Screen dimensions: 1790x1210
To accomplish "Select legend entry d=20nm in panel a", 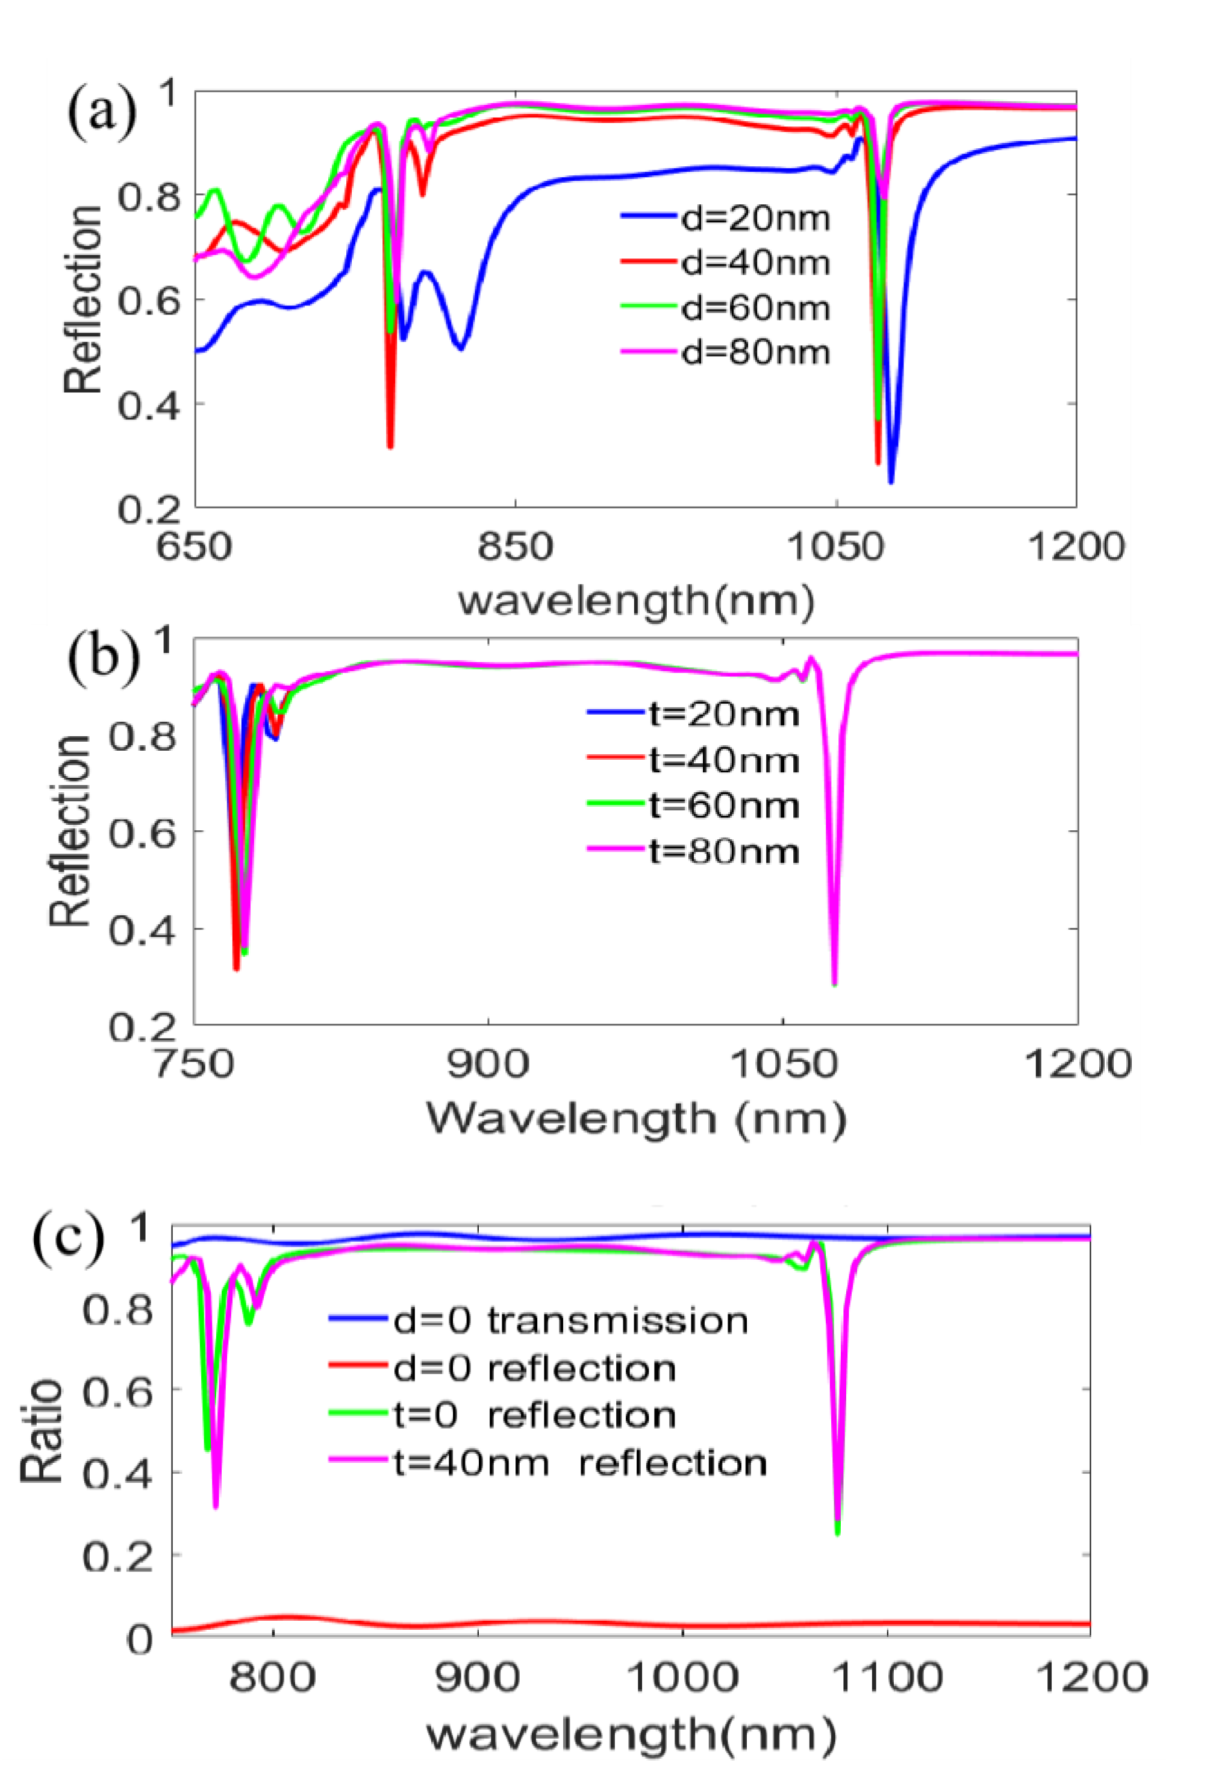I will point(755,219).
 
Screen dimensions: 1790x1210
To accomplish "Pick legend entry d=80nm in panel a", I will point(755,353).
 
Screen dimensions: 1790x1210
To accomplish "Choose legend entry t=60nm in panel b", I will point(723,806).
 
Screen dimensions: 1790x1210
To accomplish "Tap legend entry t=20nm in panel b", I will point(723,715).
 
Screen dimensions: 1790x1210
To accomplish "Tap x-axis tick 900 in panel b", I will point(489,1065).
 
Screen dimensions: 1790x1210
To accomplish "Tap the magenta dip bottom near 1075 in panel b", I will point(834,983).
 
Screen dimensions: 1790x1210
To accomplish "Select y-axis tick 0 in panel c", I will point(140,1639).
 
